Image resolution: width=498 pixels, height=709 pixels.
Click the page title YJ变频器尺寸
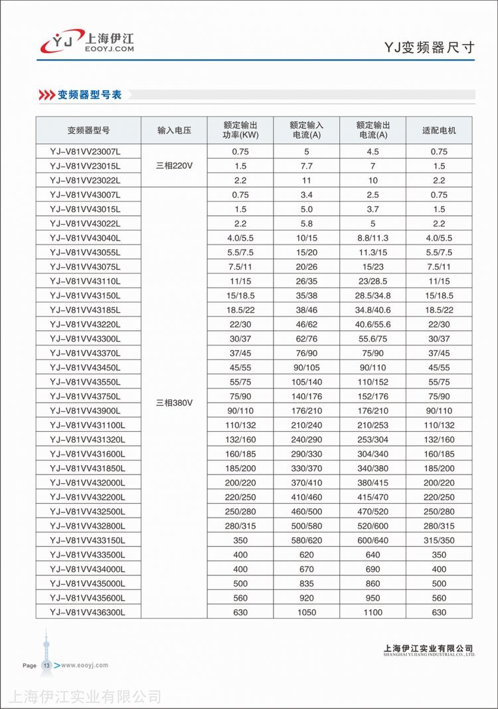tap(430, 48)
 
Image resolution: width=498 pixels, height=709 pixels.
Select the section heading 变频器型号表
tap(90, 95)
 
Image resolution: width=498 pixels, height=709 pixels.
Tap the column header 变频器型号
tap(88, 130)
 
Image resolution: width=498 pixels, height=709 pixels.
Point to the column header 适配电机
tap(439, 130)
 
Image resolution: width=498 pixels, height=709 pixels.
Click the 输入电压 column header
tap(174, 130)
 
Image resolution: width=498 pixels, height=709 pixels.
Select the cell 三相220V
tap(174, 165)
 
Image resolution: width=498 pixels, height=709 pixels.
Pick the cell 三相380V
tap(174, 403)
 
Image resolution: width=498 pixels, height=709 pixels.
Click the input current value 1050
tap(306, 612)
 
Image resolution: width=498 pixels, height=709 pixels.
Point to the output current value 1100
tap(373, 612)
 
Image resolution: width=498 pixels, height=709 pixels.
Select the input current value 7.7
tap(306, 165)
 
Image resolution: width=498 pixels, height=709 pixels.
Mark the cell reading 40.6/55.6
tap(373, 324)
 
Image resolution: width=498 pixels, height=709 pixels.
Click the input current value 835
tap(306, 583)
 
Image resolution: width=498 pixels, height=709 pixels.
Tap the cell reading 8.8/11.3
tap(373, 238)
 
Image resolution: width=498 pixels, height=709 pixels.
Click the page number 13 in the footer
tap(46, 665)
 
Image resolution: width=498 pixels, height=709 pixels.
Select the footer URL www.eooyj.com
tap(84, 665)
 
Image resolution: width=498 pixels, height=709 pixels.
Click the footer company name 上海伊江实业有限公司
tap(428, 648)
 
